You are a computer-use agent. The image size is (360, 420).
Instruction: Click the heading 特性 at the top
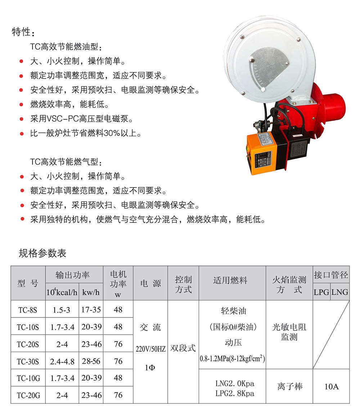pyautogui.click(x=23, y=32)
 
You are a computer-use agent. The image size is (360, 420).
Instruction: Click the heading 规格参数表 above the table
pyautogui.click(x=42, y=253)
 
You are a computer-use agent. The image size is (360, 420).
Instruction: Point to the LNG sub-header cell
pyautogui.click(x=340, y=292)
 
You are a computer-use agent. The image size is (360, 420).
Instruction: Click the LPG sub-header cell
pyautogui.click(x=321, y=292)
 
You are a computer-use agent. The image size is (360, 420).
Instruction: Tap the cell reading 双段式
pyautogui.click(x=183, y=348)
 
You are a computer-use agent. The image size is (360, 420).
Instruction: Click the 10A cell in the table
pyautogui.click(x=331, y=387)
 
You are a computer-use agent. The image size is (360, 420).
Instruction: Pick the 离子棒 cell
pyautogui.click(x=289, y=387)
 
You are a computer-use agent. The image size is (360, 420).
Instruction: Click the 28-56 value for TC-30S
pyautogui.click(x=91, y=361)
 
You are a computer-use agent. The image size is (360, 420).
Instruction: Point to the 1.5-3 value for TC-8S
pyautogui.click(x=61, y=310)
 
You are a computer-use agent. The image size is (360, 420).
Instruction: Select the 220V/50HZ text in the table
pyautogui.click(x=150, y=349)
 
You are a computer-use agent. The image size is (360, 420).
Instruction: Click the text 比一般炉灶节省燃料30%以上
pyautogui.click(x=86, y=134)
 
